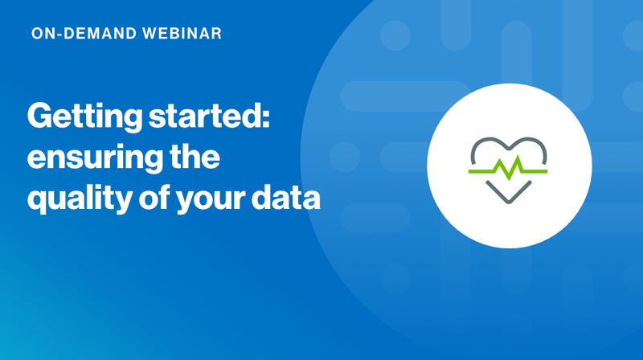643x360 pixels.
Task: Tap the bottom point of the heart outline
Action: (509, 201)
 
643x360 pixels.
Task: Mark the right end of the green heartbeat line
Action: (547, 171)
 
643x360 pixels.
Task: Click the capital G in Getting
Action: (40, 117)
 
